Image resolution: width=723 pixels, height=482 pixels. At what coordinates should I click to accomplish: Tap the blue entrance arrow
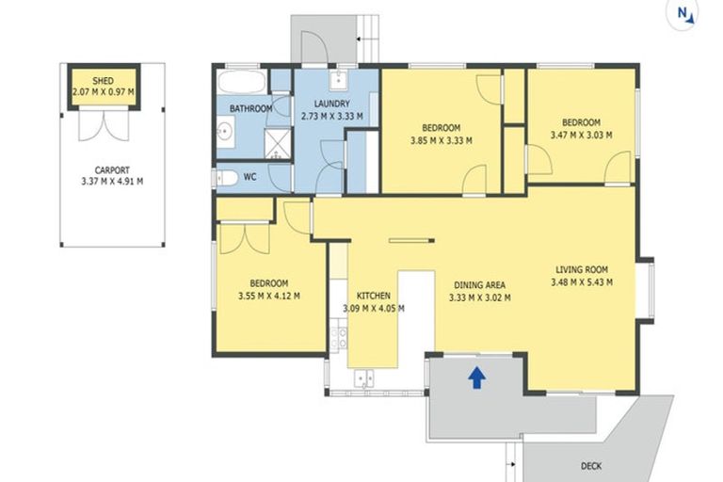(476, 378)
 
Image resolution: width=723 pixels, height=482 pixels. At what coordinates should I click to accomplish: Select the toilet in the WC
(226, 177)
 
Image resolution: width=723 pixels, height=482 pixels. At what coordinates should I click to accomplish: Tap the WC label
(249, 176)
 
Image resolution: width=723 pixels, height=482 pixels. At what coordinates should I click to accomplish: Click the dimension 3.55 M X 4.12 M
(268, 296)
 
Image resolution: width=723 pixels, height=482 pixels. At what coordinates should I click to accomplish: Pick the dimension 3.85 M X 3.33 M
(441, 140)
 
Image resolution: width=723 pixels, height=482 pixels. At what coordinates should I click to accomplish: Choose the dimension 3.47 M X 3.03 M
(581, 135)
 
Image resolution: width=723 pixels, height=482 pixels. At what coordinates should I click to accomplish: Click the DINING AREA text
(480, 285)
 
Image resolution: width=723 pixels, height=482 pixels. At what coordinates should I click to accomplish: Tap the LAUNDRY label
(326, 104)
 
